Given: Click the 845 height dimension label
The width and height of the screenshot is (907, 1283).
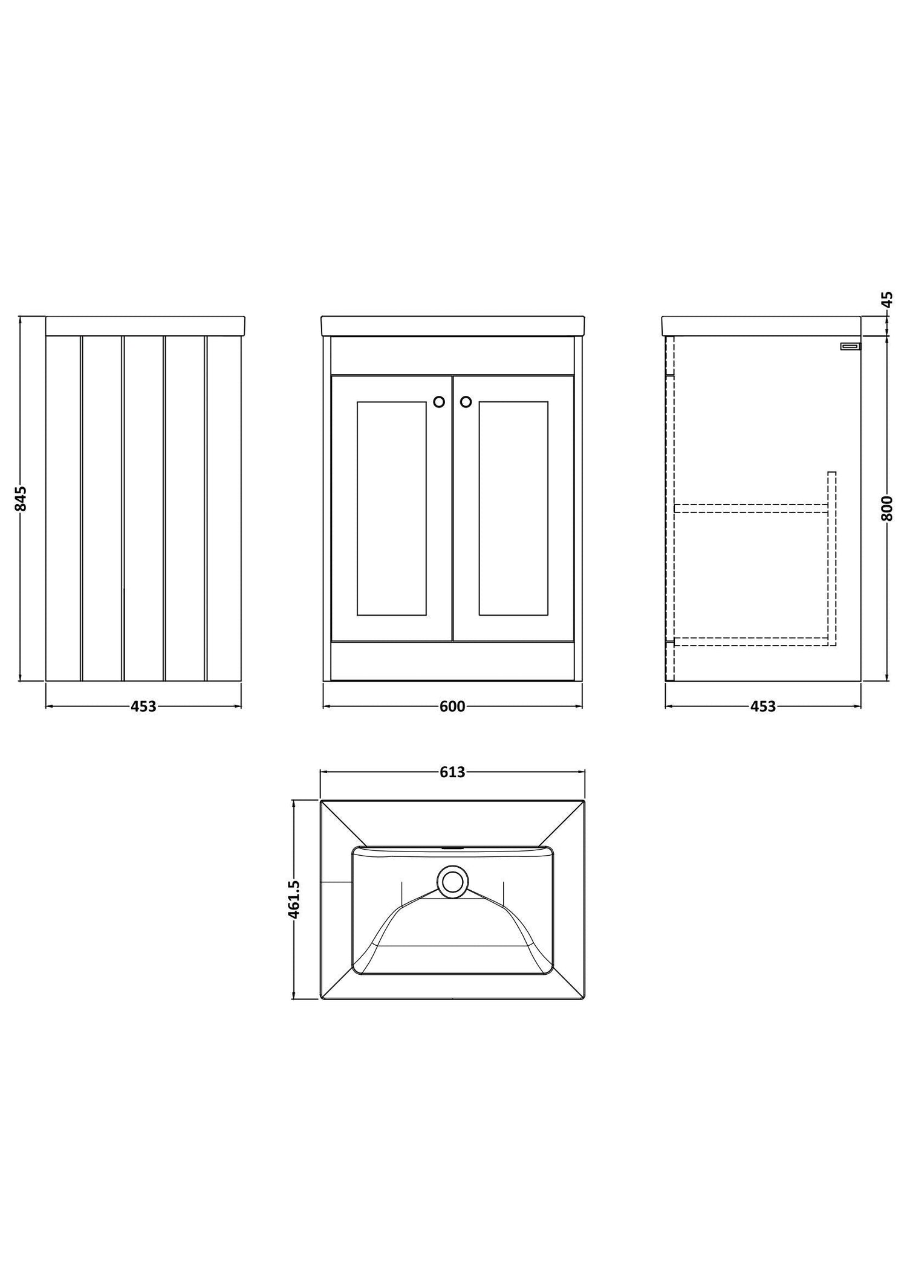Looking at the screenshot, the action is point(21,499).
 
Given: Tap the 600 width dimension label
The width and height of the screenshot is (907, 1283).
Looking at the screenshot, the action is point(452,706).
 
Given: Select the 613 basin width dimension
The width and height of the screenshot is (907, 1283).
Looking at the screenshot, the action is point(452,772).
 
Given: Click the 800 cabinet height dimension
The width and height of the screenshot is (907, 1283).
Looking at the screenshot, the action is point(887,508).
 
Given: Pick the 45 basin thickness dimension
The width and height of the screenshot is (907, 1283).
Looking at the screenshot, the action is point(887,300).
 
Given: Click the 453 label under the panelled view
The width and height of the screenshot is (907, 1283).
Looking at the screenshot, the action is point(143,706).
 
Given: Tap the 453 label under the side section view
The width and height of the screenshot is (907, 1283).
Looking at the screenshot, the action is point(762,706).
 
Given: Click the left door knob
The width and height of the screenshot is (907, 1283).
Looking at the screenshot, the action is point(439,401).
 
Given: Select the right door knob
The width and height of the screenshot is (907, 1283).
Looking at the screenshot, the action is point(466,401).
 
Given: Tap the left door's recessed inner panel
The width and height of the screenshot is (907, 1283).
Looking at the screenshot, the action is point(392,508).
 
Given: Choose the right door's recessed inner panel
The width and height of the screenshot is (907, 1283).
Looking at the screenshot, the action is point(513,508).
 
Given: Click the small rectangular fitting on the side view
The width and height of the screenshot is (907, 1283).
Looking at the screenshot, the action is point(850,346).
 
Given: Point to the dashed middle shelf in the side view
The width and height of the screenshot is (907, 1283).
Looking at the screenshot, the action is point(752,508).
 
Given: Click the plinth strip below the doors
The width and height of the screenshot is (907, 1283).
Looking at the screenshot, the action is point(452,661).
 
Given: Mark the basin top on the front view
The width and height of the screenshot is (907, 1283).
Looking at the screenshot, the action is point(452,326).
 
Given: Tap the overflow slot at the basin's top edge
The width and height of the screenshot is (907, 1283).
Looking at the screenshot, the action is point(452,847).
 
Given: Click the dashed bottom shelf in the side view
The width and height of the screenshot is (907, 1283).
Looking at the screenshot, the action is point(752,642).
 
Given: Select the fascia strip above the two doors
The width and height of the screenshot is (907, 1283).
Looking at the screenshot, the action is point(452,356).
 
